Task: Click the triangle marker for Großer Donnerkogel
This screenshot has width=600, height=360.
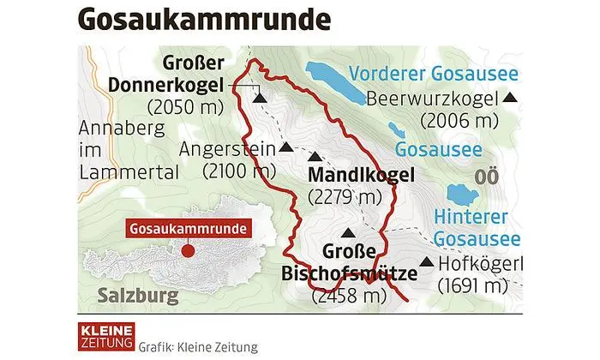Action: coord(260,99)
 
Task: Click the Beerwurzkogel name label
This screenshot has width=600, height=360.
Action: coord(433,99)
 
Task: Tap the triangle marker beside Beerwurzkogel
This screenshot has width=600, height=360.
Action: coord(511,99)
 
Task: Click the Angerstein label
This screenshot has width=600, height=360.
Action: coord(227,148)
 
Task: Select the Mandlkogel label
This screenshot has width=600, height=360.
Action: coord(361,176)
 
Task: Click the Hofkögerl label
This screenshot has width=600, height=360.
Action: coord(479,263)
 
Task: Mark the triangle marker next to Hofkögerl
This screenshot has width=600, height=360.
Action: coord(426,262)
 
